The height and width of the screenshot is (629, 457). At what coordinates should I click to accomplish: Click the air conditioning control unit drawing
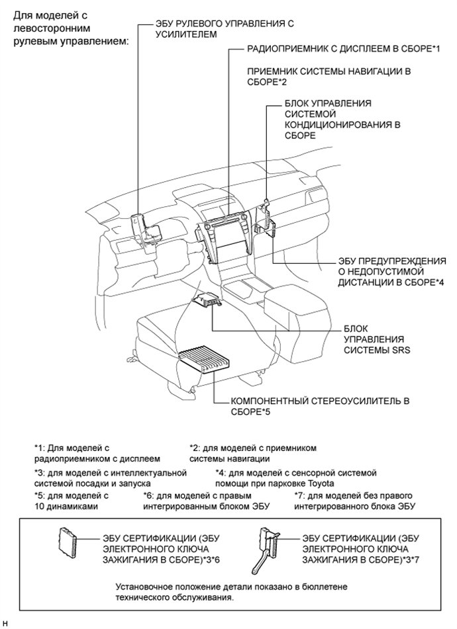268,218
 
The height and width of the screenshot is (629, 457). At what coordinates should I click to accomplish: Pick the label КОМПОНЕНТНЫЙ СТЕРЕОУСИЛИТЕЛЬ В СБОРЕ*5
320,405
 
